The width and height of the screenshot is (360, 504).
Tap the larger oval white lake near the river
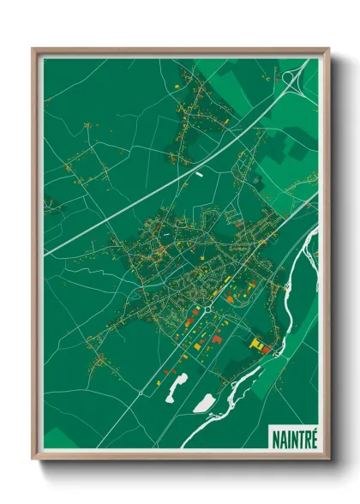(x=205, y=402)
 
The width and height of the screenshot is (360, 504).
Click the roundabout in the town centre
(x=207, y=307)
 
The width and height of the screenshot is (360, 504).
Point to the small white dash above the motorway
(x=200, y=171)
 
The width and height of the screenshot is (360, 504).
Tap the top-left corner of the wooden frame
(x=34, y=50)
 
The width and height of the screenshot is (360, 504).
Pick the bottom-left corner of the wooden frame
(x=34, y=458)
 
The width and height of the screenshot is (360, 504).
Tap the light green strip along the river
(x=270, y=377)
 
